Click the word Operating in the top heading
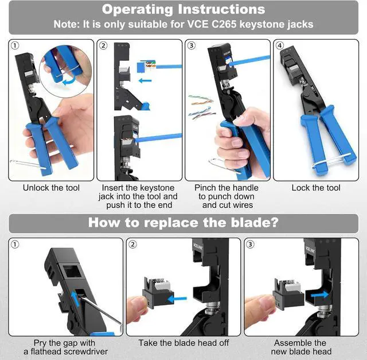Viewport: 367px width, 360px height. pyautogui.click(x=138, y=10)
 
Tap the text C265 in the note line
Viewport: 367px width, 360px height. pyautogui.click(x=224, y=24)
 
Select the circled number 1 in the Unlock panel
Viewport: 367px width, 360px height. pyautogui.click(x=15, y=45)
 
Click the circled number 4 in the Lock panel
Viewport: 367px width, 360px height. pyautogui.click(x=280, y=45)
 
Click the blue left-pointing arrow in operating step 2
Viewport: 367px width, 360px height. pyautogui.click(x=145, y=81)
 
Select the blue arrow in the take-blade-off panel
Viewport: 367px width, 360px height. pyautogui.click(x=177, y=299)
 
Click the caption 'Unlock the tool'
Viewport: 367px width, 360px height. pyautogui.click(x=51, y=188)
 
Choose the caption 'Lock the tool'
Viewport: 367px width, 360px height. pyautogui.click(x=316, y=188)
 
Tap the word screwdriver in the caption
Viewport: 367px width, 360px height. pyautogui.click(x=85, y=351)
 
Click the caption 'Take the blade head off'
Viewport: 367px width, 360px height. pyautogui.click(x=183, y=343)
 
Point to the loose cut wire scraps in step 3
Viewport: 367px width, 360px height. pyautogui.click(x=201, y=107)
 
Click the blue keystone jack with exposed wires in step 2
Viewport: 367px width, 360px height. pyautogui.click(x=146, y=66)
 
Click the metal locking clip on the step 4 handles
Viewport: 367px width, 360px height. pyautogui.click(x=331, y=160)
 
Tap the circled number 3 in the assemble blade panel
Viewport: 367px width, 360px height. pyautogui.click(x=250, y=244)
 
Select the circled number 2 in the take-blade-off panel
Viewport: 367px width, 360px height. pyautogui.click(x=132, y=244)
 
